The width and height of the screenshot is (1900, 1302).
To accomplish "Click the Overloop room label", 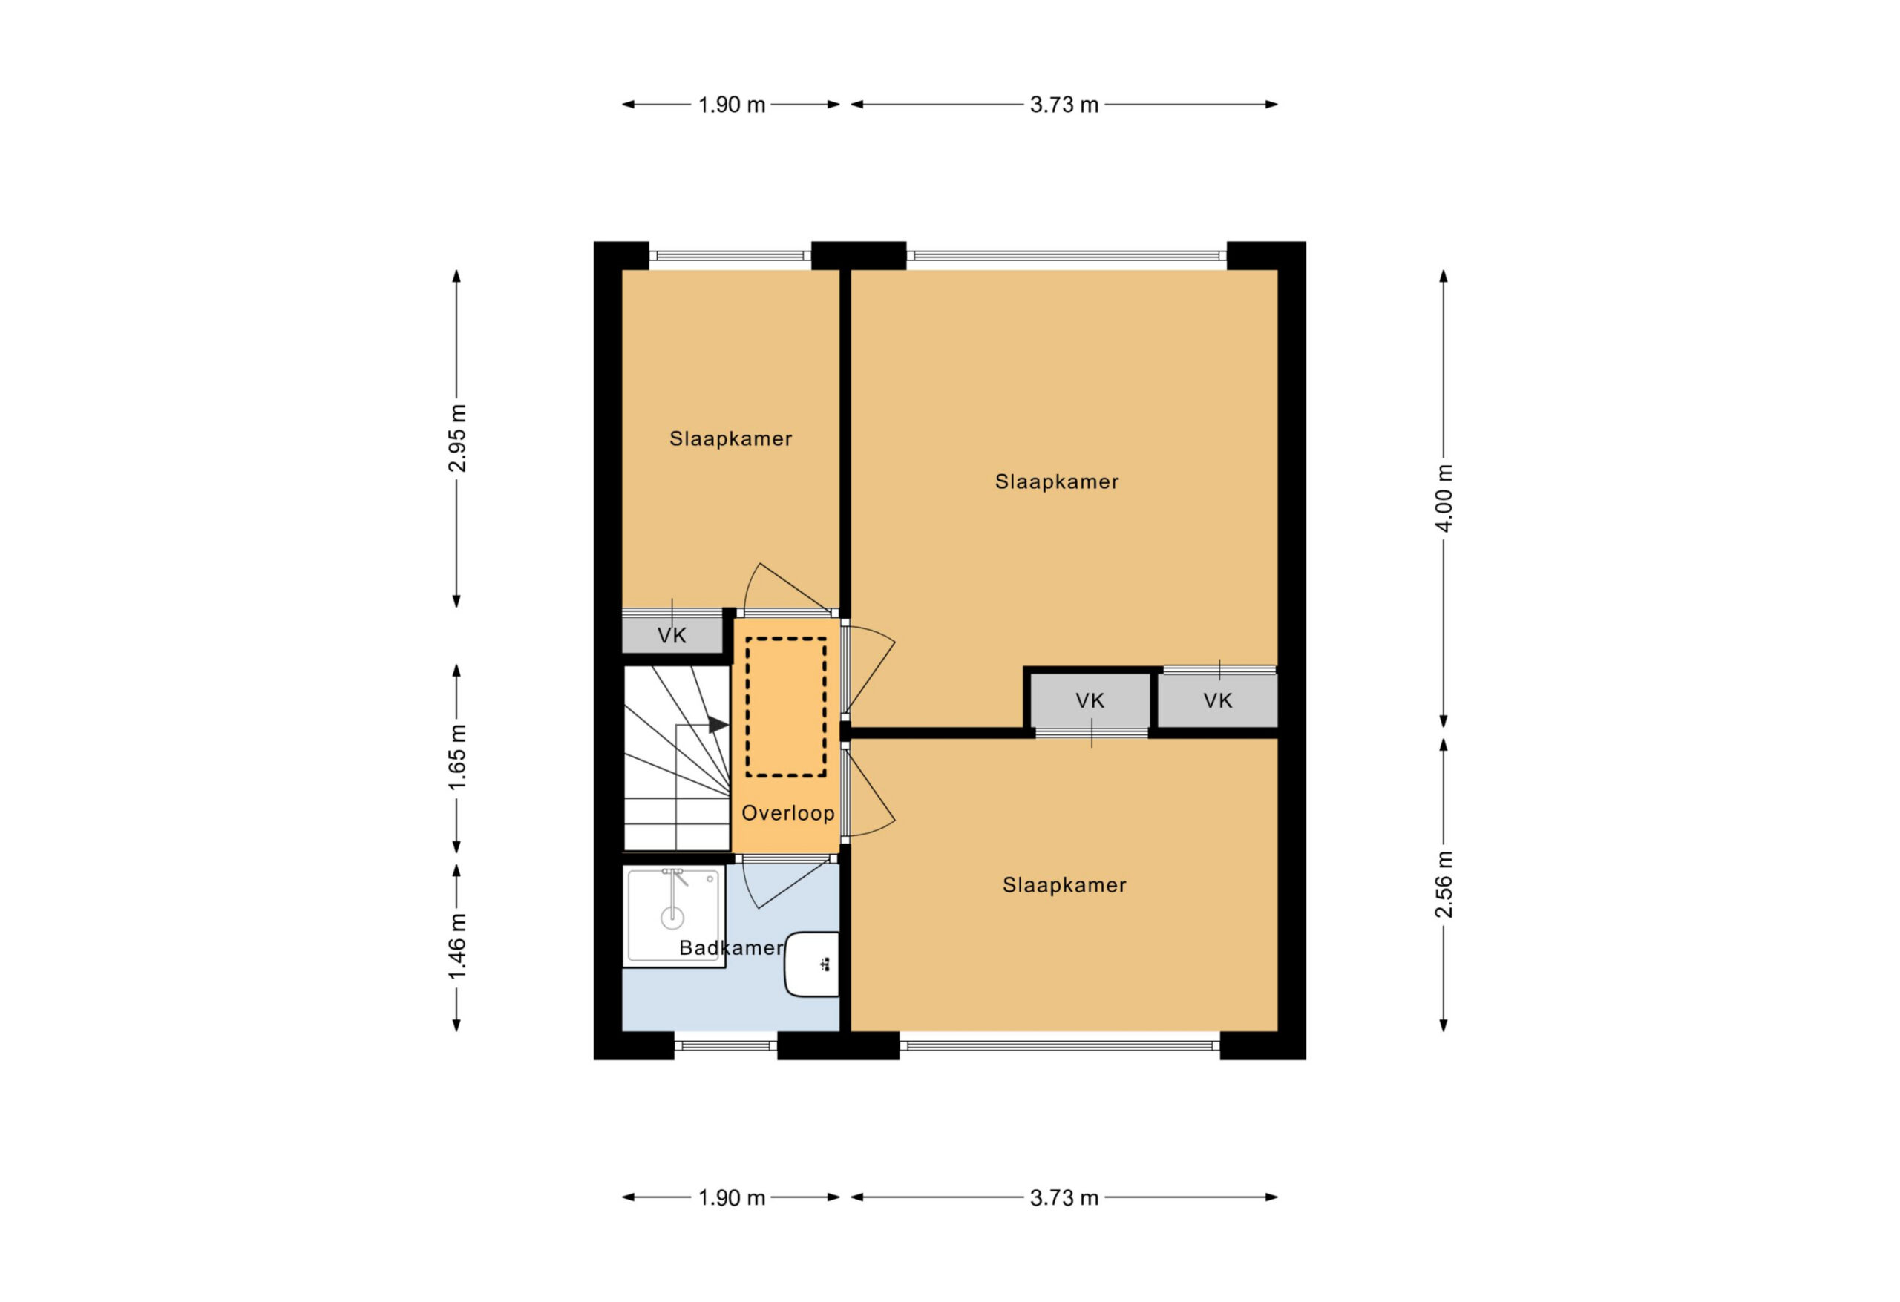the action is point(787,813).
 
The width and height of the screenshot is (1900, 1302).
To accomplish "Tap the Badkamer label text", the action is point(731,947).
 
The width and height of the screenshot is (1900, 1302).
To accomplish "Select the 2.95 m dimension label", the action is point(457,438).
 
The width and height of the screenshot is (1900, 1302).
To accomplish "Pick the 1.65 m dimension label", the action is point(457,757).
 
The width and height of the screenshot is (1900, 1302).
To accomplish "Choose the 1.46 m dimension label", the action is point(457,947).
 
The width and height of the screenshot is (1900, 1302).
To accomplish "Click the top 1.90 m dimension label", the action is point(732,105).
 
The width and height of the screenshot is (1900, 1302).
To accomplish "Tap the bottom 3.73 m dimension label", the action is point(1064,1197).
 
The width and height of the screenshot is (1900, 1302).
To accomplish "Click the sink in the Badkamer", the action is point(812,964).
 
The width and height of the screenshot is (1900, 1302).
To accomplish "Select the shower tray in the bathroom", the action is point(675,917).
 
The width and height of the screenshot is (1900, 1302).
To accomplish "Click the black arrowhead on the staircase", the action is point(718,724).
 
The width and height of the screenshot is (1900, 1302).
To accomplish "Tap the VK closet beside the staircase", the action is point(672,635).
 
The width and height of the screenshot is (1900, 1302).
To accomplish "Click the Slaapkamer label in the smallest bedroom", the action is point(731,439).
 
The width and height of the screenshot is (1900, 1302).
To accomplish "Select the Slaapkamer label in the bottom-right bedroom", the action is point(1064,884).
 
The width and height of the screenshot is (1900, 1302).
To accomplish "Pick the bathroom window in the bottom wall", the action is point(725,1045).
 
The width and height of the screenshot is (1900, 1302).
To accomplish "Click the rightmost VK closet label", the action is point(1217,700).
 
